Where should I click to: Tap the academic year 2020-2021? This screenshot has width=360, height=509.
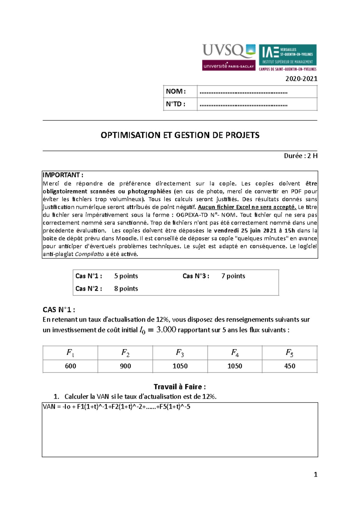point(301,79)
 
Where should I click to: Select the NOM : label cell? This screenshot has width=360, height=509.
point(176,91)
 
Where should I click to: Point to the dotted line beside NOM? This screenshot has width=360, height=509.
point(243,92)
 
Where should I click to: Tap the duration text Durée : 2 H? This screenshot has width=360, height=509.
point(301,156)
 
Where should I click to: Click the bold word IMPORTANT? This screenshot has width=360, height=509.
point(61,175)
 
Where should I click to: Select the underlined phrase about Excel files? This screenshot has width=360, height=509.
point(247,207)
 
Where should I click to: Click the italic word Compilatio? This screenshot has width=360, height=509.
point(89,254)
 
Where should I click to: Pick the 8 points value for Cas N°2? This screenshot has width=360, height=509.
point(126,289)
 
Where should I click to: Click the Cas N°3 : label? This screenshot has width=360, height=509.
point(196,276)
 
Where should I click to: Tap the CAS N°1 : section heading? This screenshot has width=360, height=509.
point(59,310)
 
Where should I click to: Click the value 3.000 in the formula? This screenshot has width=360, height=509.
point(166,330)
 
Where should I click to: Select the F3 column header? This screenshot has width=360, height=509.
point(180,353)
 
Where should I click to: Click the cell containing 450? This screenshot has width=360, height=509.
point(289,366)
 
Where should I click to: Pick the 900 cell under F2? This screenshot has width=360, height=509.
point(125,366)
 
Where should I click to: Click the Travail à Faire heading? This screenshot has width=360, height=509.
point(179,387)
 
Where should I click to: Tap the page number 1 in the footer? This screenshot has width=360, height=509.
point(315,475)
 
